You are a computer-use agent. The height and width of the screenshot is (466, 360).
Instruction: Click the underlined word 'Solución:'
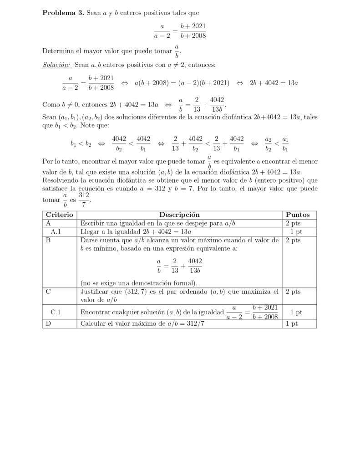pyautogui.click(x=56, y=65)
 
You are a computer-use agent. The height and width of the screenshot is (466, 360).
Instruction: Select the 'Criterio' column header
pyautogui.click(x=59, y=215)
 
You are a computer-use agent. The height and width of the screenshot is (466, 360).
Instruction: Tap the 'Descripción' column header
pyautogui.click(x=179, y=215)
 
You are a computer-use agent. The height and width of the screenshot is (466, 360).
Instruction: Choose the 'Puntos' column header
pyautogui.click(x=298, y=215)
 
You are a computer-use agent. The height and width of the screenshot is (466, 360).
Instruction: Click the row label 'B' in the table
pyautogui.click(x=48, y=240)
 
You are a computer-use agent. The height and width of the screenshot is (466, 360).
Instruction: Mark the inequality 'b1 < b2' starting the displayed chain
pyautogui.click(x=81, y=144)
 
